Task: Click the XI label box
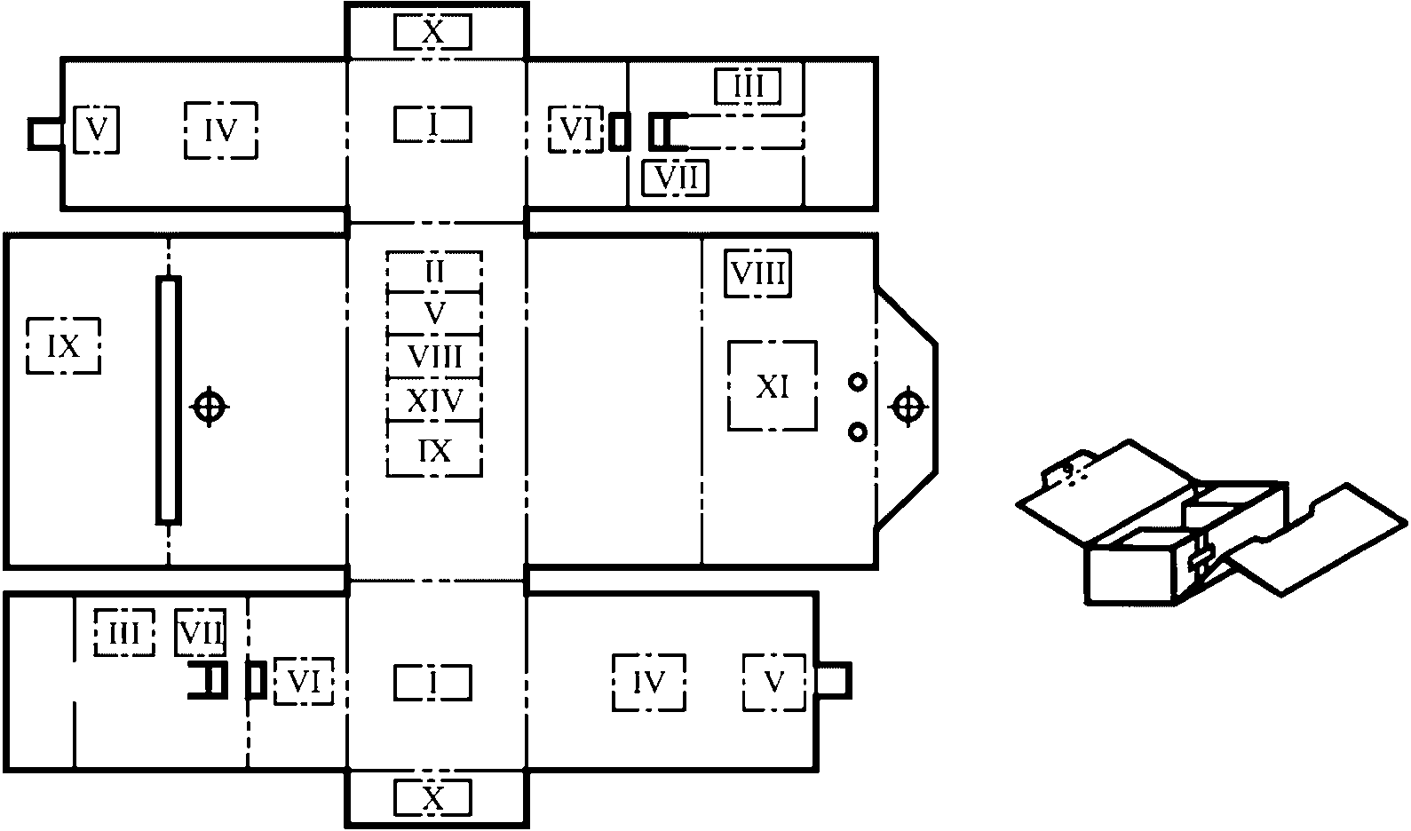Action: (x=772, y=386)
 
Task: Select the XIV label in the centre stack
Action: (x=434, y=400)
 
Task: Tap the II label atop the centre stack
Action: (x=434, y=271)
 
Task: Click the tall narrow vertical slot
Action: (x=168, y=399)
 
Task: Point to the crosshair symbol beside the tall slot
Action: (x=209, y=407)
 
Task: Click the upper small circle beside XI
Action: (x=857, y=383)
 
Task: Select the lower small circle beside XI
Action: (x=857, y=431)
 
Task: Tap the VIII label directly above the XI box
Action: (x=757, y=273)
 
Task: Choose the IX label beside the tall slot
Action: (x=63, y=346)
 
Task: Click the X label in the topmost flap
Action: (x=432, y=33)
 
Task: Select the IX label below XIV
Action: (x=434, y=450)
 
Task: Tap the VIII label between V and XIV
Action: (x=434, y=357)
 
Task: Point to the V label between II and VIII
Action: (x=434, y=313)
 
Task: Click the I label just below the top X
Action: (x=432, y=124)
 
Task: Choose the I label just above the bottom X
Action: (x=432, y=682)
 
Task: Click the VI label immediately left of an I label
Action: (x=304, y=682)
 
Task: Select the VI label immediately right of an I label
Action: (x=575, y=130)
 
